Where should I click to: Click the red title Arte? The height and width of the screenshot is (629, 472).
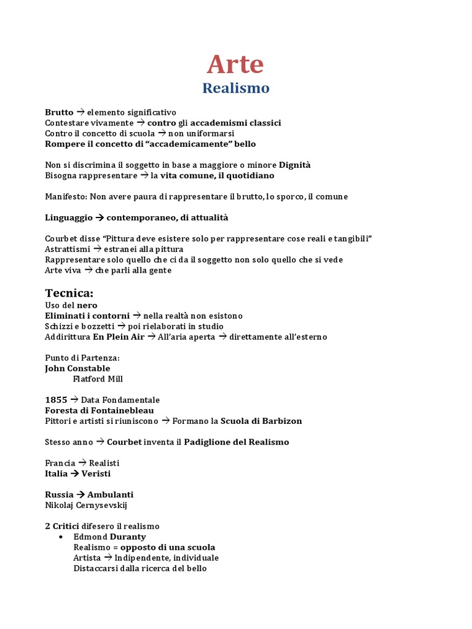coord(235,63)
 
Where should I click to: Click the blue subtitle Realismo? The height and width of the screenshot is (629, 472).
coord(236,88)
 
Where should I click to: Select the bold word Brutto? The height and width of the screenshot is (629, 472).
coord(59,112)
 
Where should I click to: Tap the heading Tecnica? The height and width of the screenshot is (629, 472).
coord(69,292)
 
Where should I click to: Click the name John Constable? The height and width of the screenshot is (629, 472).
coord(77,369)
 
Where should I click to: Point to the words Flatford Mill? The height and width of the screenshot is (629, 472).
coord(98,379)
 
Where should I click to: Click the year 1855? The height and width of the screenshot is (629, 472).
coord(56,400)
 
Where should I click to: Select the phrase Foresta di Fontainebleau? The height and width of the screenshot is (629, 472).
coord(100,410)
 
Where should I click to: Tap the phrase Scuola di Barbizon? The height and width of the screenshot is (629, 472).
coord(261,421)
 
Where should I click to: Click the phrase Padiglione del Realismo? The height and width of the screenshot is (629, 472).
coord(236,442)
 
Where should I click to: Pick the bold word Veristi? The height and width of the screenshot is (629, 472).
coord(96,474)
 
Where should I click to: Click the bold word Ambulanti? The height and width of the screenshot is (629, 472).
coord(110,494)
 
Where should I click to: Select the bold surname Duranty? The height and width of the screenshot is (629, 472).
coord(128,537)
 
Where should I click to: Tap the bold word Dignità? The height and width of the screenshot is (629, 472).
coord(295,165)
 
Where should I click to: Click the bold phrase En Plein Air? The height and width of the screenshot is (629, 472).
coord(119,337)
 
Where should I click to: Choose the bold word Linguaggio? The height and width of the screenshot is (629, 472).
coord(69,217)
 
